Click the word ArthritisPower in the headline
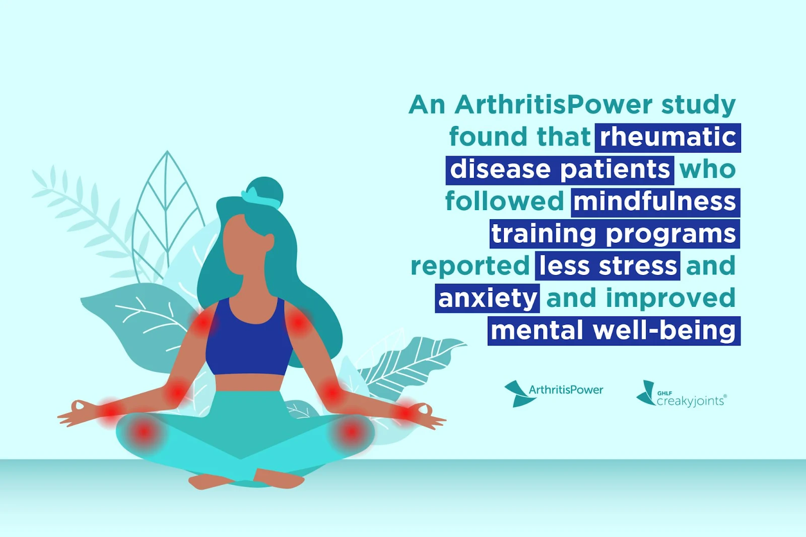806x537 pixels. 554,105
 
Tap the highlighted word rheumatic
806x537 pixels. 668,138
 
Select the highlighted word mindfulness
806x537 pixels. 655,203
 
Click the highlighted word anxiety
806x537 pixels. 487,298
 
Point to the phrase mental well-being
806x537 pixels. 614,331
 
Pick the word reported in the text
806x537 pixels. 470,266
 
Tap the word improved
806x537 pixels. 670,298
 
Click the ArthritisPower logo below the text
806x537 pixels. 554,393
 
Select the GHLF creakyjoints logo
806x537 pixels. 682,394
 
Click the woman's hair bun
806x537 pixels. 265,191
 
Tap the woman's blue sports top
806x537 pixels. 250,337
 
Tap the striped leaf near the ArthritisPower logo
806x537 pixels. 410,364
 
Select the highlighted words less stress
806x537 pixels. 608,266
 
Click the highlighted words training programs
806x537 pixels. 615,234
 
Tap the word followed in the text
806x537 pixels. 504,202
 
